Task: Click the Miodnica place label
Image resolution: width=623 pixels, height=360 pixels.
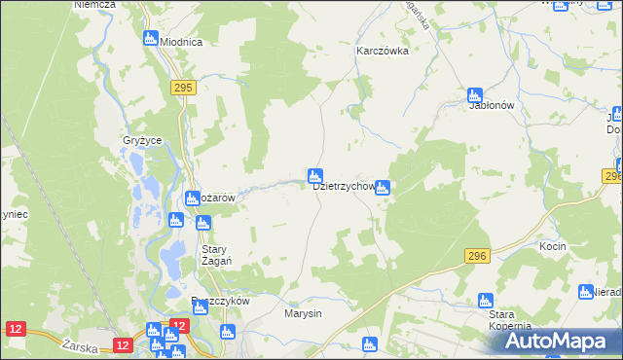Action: [181, 42]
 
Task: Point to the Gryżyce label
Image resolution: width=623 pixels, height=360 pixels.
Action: [142, 141]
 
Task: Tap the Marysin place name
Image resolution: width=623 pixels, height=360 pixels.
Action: [303, 313]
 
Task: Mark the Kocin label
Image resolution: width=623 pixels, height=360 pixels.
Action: [552, 247]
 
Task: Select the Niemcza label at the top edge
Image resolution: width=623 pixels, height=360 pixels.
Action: [94, 5]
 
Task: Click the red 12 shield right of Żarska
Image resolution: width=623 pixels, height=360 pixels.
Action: [122, 344]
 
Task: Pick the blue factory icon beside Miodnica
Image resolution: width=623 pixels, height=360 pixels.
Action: [151, 38]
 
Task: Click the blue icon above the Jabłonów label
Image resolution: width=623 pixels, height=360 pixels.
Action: [475, 94]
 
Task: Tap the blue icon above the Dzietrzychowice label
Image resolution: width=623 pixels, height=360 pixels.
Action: [314, 175]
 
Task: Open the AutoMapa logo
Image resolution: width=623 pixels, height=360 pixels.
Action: [556, 341]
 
